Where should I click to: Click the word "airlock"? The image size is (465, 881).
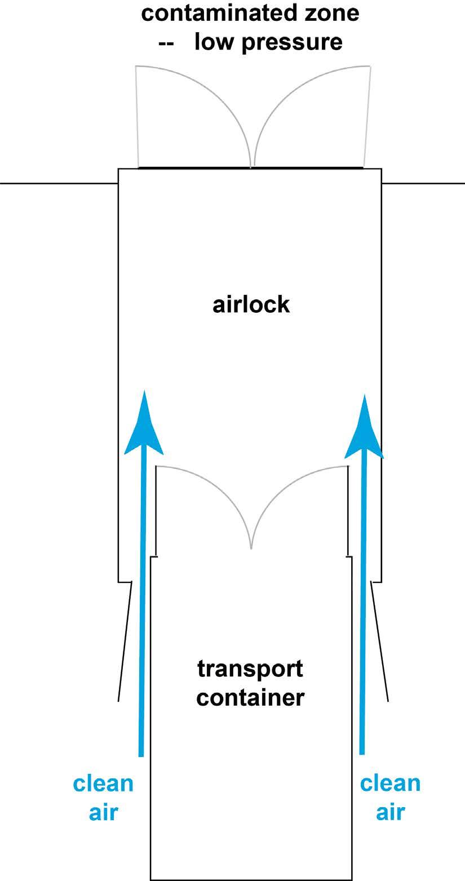click(x=251, y=304)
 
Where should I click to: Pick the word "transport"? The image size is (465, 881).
click(x=250, y=669)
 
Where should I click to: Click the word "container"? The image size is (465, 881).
click(x=250, y=698)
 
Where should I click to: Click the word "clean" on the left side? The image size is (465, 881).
click(x=103, y=784)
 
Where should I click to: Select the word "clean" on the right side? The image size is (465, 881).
click(x=390, y=783)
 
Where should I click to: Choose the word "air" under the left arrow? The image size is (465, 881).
click(x=103, y=812)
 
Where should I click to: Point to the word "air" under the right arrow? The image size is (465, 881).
click(x=390, y=812)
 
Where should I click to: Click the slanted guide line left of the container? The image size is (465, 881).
click(x=125, y=643)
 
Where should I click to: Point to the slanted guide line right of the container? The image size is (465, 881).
click(x=380, y=643)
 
